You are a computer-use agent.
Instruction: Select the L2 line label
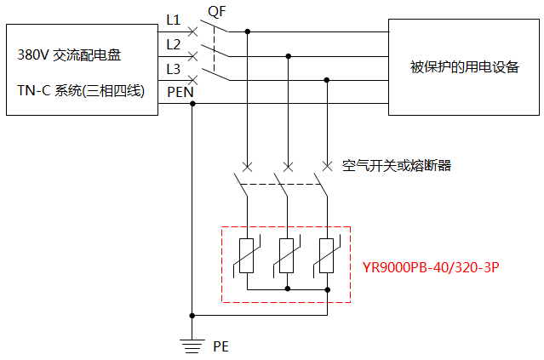(x=173, y=43)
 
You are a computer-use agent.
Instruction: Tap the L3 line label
(x=173, y=67)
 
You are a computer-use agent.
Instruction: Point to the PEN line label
(x=179, y=91)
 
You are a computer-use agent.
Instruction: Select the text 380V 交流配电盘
(x=70, y=55)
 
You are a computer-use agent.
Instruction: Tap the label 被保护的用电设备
(x=464, y=67)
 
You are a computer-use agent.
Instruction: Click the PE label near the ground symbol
(x=220, y=346)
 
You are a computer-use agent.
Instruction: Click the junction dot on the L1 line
(x=248, y=31)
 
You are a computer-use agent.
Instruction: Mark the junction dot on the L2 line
(x=288, y=56)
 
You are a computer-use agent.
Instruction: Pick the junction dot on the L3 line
(x=328, y=80)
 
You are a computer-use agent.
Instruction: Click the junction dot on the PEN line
(x=192, y=104)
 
